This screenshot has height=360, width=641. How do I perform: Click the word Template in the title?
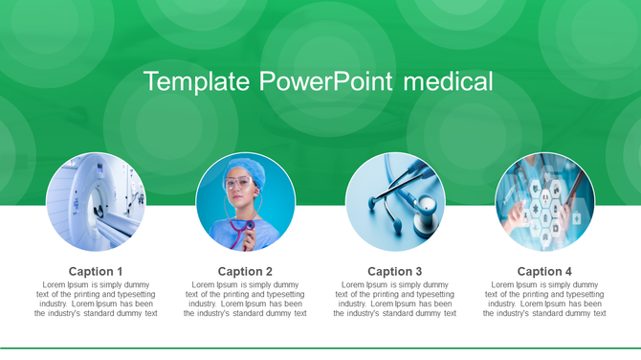pyautogui.click(x=197, y=81)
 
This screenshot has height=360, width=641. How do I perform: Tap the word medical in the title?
pyautogui.click(x=448, y=81)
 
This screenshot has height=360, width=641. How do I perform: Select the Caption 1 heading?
pyautogui.click(x=96, y=271)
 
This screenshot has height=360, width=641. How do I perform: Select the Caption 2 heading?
pyautogui.click(x=245, y=271)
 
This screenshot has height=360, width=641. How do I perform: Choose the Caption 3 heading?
pyautogui.click(x=395, y=271)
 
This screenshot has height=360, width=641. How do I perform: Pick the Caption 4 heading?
pyautogui.click(x=544, y=271)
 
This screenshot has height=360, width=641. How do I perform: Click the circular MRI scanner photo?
pyautogui.click(x=96, y=202)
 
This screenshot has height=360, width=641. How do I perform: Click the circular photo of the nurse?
pyautogui.click(x=245, y=202)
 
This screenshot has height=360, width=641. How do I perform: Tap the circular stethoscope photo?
pyautogui.click(x=395, y=202)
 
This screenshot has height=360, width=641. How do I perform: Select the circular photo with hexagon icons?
pyautogui.click(x=544, y=202)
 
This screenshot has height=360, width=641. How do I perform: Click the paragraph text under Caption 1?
pyautogui.click(x=96, y=299)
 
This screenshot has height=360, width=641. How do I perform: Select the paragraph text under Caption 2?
pyautogui.click(x=245, y=299)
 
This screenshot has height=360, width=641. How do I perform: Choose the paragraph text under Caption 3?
pyautogui.click(x=395, y=299)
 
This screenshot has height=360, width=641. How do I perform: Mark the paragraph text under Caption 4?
pyautogui.click(x=544, y=299)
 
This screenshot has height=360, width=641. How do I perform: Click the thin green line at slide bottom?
pyautogui.click(x=320, y=349)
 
